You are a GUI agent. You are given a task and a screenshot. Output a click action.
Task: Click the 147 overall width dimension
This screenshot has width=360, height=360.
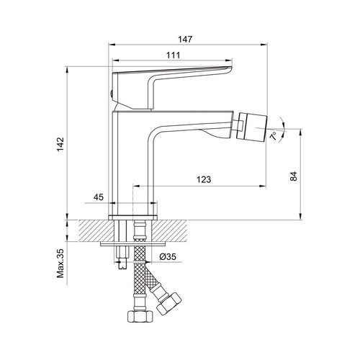point(185,39)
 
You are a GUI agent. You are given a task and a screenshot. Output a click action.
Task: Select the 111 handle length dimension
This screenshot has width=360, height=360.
point(174,55)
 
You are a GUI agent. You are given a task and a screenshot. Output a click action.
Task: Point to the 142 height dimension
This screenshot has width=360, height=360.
point(60,144)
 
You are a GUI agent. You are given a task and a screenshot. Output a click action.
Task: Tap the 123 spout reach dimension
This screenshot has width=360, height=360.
point(204,179)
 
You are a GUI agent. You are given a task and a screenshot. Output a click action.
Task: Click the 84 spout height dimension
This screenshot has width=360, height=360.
point(294,176)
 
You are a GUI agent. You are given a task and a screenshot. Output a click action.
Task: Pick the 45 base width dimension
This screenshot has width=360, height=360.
point(99,197)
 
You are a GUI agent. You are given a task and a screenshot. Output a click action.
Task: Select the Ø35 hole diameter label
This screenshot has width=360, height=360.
point(168,256)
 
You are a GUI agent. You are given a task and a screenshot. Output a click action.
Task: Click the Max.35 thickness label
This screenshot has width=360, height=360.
point(60,264)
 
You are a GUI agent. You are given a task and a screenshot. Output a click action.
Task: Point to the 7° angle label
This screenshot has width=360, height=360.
point(274,135)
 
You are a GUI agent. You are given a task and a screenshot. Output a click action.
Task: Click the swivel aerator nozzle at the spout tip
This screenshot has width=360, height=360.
point(251,127)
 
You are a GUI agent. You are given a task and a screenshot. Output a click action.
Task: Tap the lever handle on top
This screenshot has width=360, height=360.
point(171,89)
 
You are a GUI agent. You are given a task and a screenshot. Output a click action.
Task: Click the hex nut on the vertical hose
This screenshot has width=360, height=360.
point(140,317)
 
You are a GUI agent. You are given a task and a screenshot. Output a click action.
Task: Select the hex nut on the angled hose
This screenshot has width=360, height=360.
point(168,304)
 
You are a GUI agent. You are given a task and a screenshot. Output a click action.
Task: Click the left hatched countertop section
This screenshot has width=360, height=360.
point(96,230)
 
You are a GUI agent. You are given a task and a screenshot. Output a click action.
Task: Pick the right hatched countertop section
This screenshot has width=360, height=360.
point(169,230)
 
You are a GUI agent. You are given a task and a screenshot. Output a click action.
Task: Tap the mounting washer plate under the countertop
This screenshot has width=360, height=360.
point(132,244)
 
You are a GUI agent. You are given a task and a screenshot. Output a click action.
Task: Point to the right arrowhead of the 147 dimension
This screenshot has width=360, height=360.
point(264,45)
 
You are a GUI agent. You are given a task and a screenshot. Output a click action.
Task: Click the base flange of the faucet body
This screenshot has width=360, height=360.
point(132,217)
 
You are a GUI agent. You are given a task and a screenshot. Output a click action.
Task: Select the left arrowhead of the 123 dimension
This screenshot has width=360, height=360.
point(136,186)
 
